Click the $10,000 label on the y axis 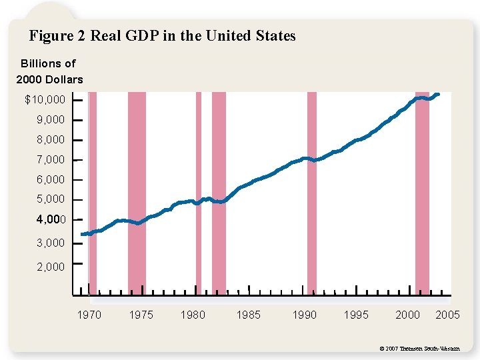pyautogui.click(x=45, y=100)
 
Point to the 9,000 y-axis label pyautogui.click(x=51, y=120)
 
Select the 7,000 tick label pyautogui.click(x=51, y=160)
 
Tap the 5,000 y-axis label pyautogui.click(x=51, y=199)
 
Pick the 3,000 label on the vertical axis pyautogui.click(x=51, y=243)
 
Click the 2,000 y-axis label pyautogui.click(x=51, y=267)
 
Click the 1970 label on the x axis pyautogui.click(x=89, y=315)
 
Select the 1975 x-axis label pyautogui.click(x=141, y=315)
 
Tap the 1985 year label pyautogui.click(x=249, y=315)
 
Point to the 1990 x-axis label pyautogui.click(x=305, y=315)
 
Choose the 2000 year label pyautogui.click(x=408, y=315)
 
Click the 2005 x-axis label pyautogui.click(x=447, y=315)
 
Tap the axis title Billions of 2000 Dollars pyautogui.click(x=49, y=72)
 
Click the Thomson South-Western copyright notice pyautogui.click(x=419, y=349)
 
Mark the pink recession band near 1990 pyautogui.click(x=311, y=193)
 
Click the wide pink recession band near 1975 pyautogui.click(x=137, y=193)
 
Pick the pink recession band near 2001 pyautogui.click(x=422, y=193)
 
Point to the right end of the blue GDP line pyautogui.click(x=437, y=94)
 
